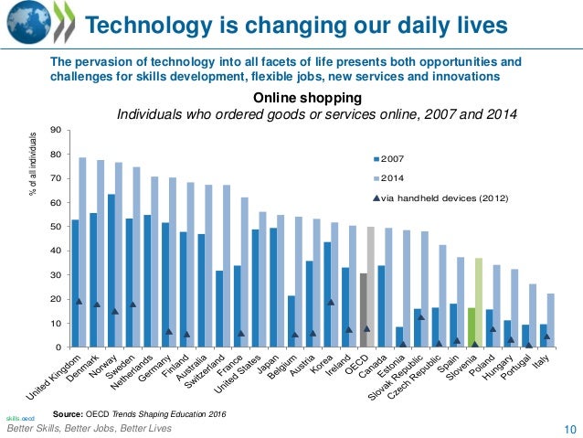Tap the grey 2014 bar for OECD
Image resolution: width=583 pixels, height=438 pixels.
370,287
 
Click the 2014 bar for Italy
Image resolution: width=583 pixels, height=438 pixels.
549,320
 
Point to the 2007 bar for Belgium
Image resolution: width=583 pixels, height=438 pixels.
291,321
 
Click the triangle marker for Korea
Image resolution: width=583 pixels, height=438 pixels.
331,301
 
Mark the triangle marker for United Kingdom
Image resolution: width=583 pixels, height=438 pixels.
79,301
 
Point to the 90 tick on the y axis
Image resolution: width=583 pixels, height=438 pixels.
57,130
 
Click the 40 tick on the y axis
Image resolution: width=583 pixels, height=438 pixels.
57,251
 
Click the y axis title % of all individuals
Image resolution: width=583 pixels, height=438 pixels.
34,166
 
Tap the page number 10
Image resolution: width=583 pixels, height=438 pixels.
568,429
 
